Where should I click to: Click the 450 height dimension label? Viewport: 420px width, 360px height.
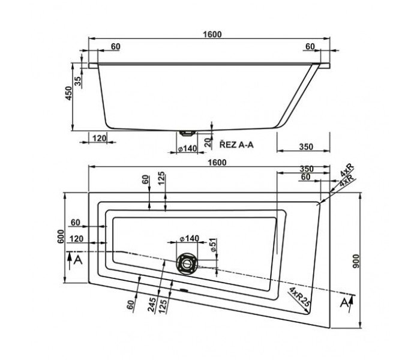click(69, 93)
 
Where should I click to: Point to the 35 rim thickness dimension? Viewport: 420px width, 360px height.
click(77, 81)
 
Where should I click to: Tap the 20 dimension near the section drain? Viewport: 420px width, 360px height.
click(208, 143)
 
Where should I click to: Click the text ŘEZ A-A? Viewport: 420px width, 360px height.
click(236, 145)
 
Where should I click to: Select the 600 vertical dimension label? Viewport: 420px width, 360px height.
click(61, 236)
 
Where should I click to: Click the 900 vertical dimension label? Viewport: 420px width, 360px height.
click(356, 261)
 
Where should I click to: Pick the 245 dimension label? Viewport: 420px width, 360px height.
click(152, 305)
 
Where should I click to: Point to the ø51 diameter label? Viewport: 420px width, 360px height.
click(213, 245)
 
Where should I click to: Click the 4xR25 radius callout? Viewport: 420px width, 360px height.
click(299, 297)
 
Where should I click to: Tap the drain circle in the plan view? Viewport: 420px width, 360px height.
click(187, 263)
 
